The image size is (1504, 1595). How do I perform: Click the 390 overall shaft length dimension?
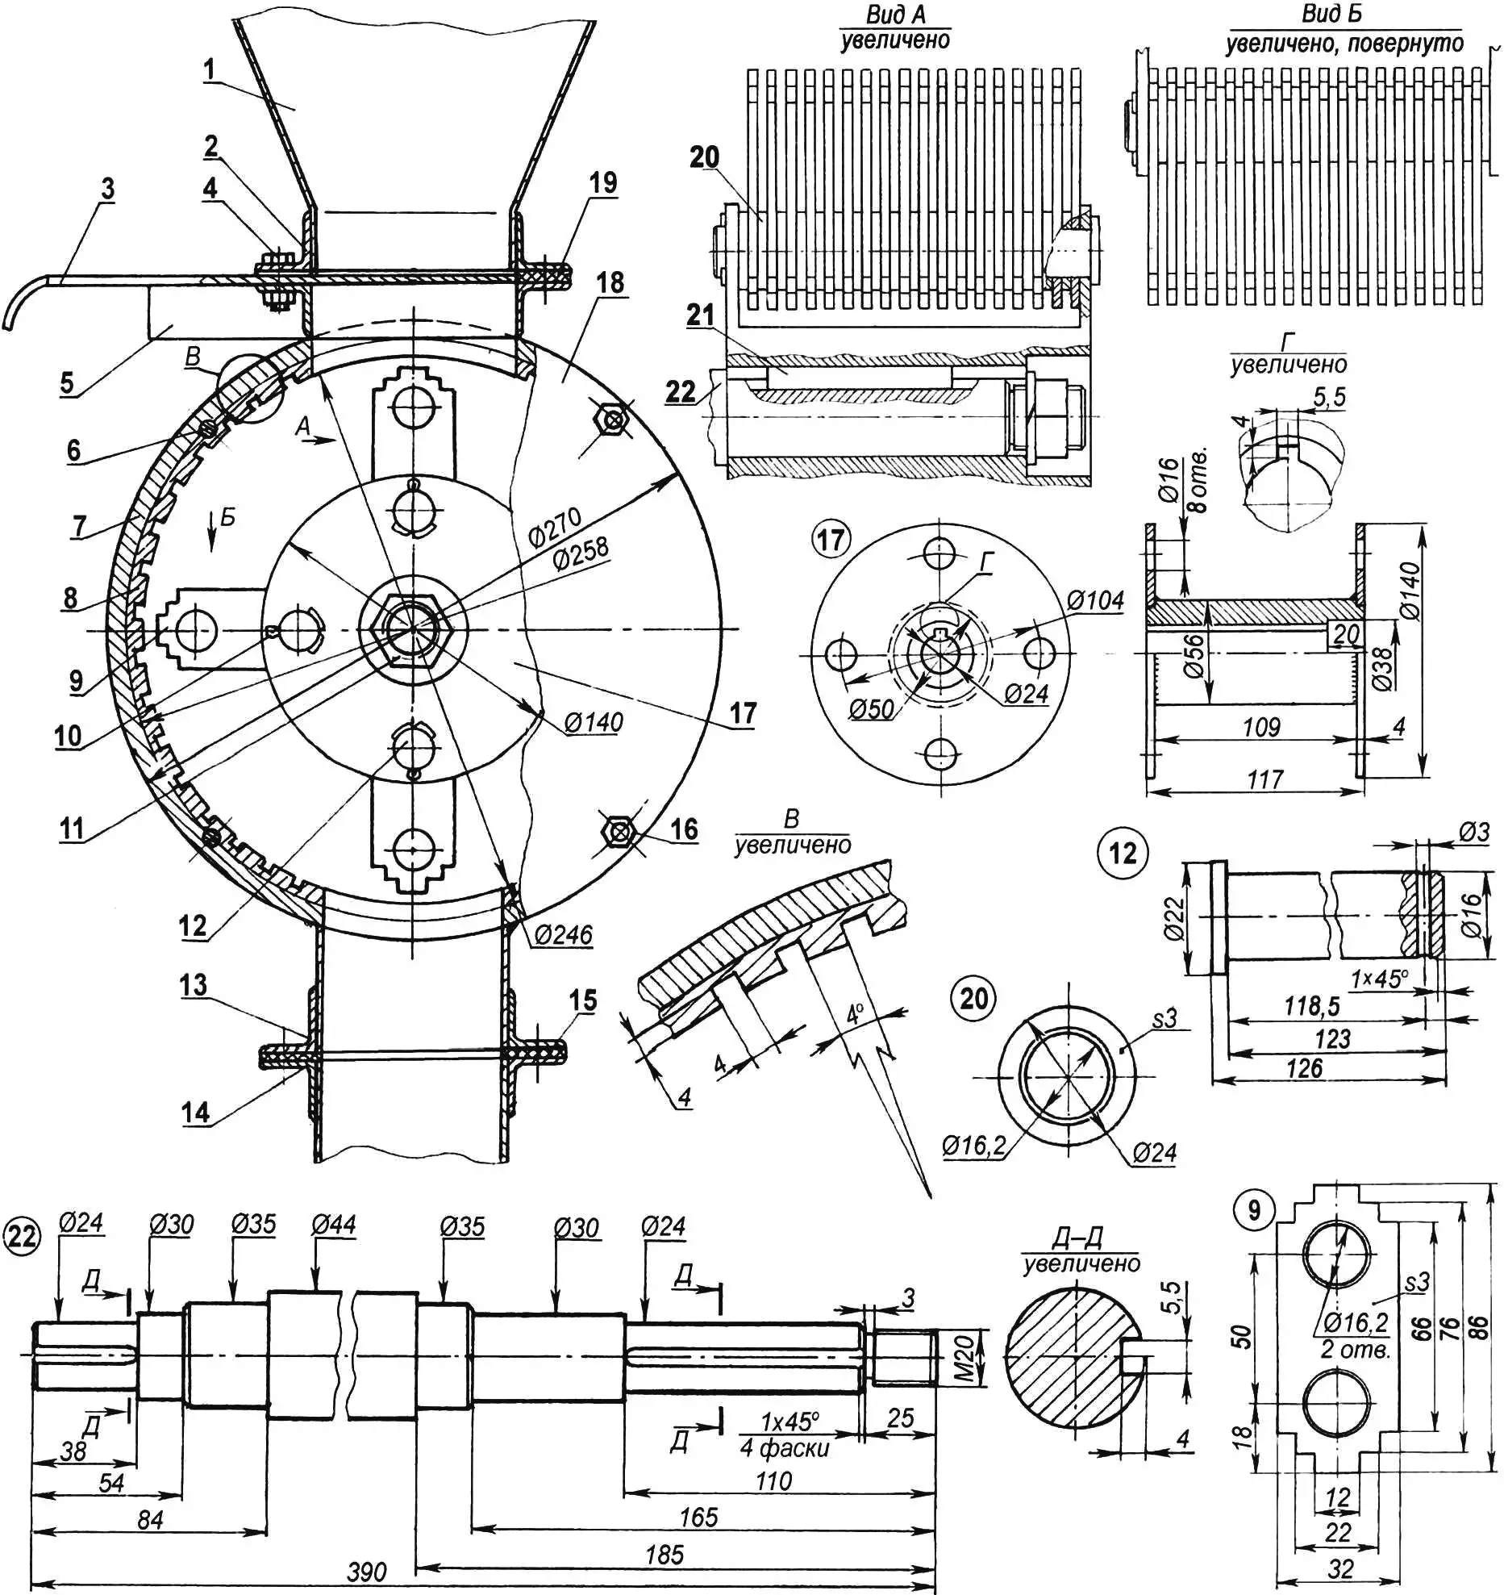(x=367, y=1572)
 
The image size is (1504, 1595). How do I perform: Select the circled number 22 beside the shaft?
(x=22, y=1237)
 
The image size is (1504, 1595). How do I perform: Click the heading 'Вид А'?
(x=896, y=15)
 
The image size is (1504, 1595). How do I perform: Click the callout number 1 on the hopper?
(x=210, y=69)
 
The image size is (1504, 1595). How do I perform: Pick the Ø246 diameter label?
(x=563, y=935)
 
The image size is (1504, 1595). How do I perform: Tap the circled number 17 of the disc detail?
(x=831, y=540)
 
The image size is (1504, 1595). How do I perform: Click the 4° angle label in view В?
(x=855, y=1013)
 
